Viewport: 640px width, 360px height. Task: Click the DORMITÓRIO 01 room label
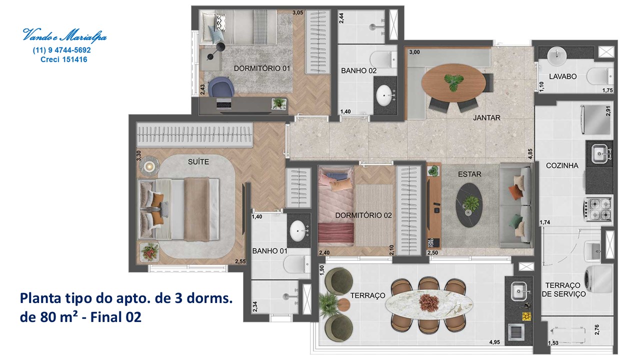[x=261, y=68]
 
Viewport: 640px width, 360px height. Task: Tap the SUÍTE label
[x=198, y=161]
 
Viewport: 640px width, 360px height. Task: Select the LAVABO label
[x=562, y=76]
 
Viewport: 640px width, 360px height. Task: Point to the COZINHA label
[x=562, y=165]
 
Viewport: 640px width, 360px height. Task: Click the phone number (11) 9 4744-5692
[x=61, y=50]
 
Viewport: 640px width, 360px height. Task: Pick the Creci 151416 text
[x=63, y=59]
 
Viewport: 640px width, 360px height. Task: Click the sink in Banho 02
[x=384, y=95]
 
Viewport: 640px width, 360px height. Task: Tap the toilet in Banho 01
[x=296, y=264]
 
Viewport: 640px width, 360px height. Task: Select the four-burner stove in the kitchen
[x=597, y=209]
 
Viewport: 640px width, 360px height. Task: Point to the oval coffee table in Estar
[x=469, y=205]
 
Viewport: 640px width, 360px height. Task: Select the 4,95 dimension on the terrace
[x=494, y=341]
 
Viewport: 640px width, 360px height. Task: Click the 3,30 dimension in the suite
[x=138, y=155]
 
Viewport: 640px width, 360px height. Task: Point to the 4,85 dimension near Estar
[x=530, y=153]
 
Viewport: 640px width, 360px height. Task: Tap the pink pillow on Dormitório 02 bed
[x=339, y=185]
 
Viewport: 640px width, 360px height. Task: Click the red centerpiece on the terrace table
[x=429, y=302]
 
